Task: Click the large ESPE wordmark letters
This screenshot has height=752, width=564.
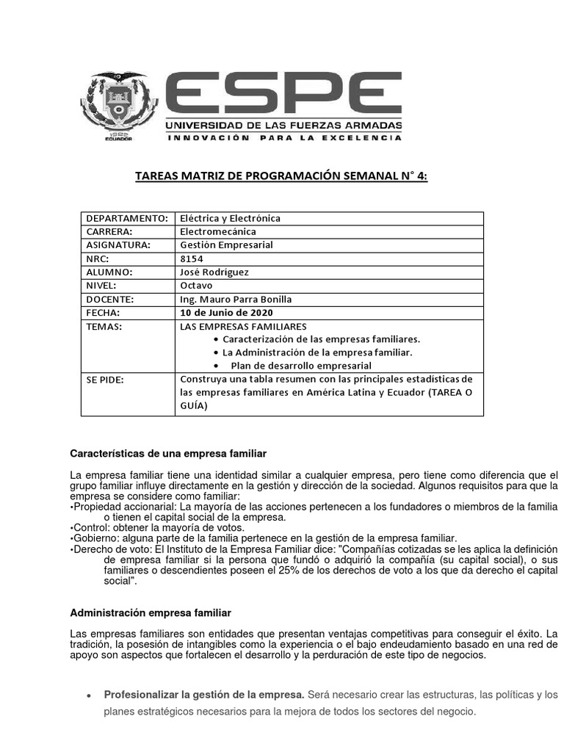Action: point(283,93)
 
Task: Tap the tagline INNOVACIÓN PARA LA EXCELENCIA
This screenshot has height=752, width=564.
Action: point(283,137)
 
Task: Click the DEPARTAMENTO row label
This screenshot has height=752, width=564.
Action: point(127,218)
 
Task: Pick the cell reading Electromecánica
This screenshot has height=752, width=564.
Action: point(217,231)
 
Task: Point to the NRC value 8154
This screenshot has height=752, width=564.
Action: point(192,258)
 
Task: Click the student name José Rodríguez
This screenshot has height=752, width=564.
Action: point(214,272)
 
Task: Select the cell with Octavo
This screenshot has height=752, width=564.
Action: point(196,285)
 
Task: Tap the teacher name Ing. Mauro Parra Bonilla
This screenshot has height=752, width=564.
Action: point(236,299)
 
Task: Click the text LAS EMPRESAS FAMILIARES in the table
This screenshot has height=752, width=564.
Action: point(243,326)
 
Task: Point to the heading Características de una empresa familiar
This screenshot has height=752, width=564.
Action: point(168,453)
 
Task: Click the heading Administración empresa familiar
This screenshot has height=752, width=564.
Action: point(151,612)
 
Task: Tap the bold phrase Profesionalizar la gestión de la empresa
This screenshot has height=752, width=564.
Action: point(203,694)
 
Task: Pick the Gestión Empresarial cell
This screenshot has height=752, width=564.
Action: point(226,245)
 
